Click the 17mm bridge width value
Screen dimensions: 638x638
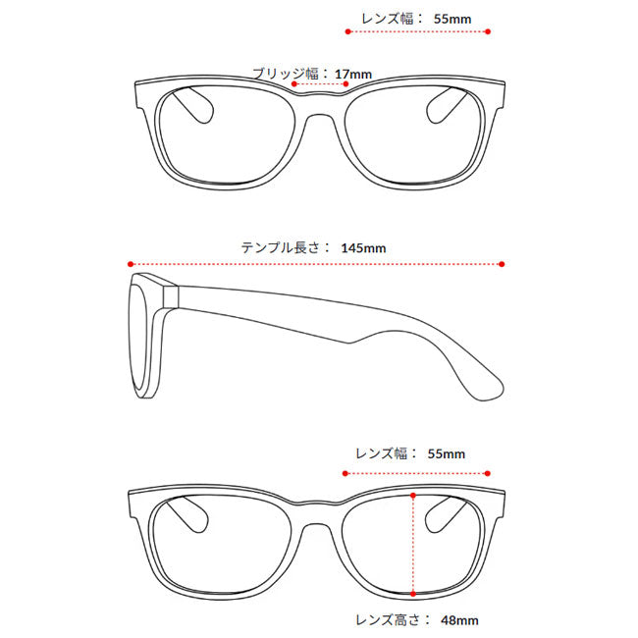pyautogui.click(x=353, y=75)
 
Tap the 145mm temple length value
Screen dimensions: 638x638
pyautogui.click(x=363, y=248)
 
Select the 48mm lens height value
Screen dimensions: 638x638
pyautogui.click(x=459, y=620)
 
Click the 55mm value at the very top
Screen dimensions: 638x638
pyautogui.click(x=452, y=19)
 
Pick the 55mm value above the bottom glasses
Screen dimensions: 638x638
pyautogui.click(x=447, y=454)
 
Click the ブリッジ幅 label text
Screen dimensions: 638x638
pyautogui.click(x=286, y=74)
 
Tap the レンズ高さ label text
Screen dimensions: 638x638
pyautogui.click(x=387, y=620)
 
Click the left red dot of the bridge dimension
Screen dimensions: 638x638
pyautogui.click(x=294, y=83)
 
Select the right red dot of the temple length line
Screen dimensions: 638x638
pyautogui.click(x=502, y=264)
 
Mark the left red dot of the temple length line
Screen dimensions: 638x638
pyautogui.click(x=131, y=264)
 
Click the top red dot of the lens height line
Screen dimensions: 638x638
pyautogui.click(x=413, y=495)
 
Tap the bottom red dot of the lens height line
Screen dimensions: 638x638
pyautogui.click(x=413, y=594)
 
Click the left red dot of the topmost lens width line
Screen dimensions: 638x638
pyautogui.click(x=347, y=31)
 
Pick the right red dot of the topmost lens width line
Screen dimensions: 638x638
pyautogui.click(x=488, y=31)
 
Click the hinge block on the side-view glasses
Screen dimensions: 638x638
pyautogui.click(x=171, y=296)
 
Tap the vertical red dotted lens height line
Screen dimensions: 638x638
pyautogui.click(x=413, y=545)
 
